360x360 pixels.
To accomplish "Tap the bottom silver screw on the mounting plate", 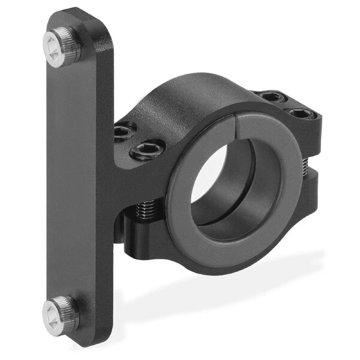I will coord(61,313).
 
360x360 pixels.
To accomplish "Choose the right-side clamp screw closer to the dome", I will coord(271,96).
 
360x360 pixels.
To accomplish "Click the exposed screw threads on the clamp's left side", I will coord(144,211).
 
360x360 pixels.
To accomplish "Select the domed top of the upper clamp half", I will coord(198,96).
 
